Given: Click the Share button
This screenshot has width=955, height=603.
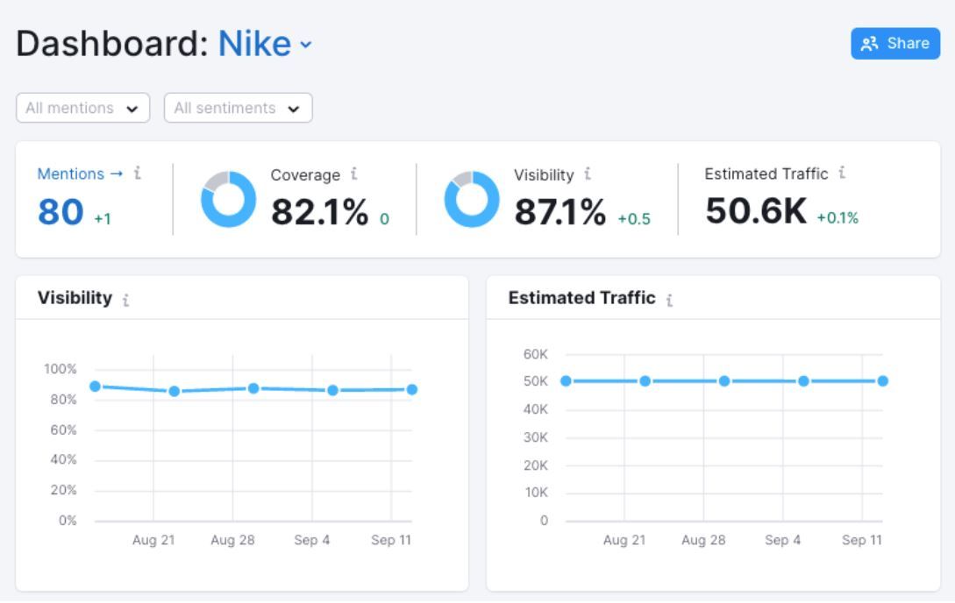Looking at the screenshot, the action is coord(895,43).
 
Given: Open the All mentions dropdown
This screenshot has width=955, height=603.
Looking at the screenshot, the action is coord(82,108).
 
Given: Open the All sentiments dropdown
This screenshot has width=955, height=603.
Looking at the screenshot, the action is coord(239,108).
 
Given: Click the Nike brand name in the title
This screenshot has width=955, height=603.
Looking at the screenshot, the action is coord(254,44).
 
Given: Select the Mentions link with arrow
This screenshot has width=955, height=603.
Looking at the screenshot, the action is coord(80,174).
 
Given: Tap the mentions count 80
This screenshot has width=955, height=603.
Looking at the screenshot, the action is coord(61,212).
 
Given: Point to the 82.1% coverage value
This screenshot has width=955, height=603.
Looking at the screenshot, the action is coord(320,212).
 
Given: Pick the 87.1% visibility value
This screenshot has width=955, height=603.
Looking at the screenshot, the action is coord(559,212).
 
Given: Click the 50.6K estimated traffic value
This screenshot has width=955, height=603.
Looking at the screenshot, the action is coord(756,210).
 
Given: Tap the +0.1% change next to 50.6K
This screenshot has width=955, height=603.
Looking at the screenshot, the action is coord(837,218).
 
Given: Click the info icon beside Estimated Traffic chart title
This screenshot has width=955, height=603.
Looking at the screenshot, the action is coord(669,300).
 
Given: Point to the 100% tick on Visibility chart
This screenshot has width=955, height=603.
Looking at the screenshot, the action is coord(60,369).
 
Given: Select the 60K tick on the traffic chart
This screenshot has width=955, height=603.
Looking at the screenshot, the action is coord(535,354).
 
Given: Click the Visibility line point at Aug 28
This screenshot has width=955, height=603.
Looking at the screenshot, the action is coord(253,388).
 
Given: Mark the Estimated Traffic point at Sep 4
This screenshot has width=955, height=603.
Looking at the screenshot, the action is coord(803,381).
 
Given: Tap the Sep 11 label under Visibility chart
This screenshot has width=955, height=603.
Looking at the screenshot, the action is coord(391,540).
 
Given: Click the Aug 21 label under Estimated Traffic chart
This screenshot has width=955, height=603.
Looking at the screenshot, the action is coord(624,540).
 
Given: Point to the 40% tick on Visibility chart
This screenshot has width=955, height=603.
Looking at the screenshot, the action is coord(63,459).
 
